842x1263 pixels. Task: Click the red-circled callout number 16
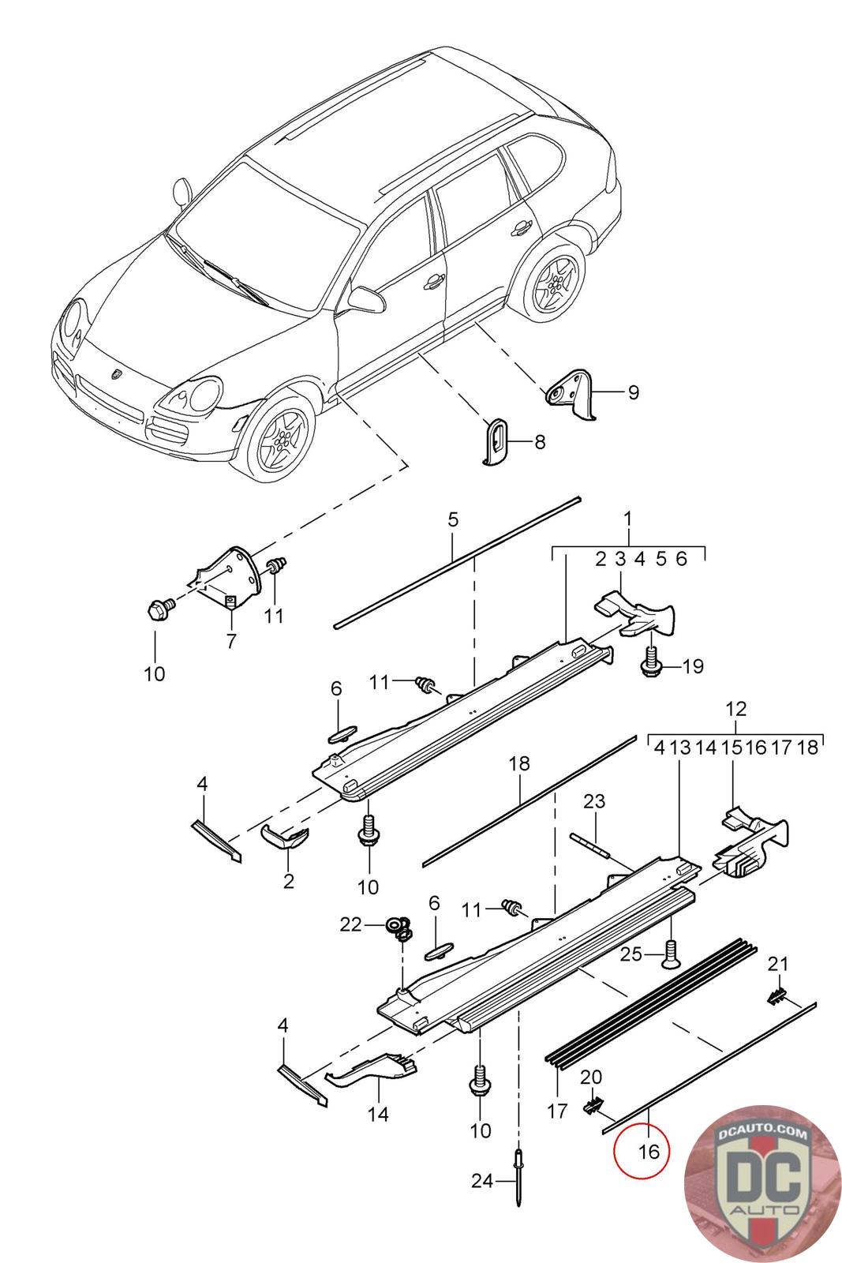(x=648, y=1151)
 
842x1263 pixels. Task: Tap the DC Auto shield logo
(x=762, y=1185)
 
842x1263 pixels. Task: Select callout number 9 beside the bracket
(x=633, y=392)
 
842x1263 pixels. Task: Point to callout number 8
(x=540, y=441)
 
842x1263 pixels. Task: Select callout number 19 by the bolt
(x=693, y=666)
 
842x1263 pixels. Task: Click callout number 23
(x=594, y=800)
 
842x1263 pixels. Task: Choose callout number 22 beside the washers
(x=350, y=924)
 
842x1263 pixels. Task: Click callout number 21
(x=778, y=964)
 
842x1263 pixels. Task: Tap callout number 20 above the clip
(x=590, y=1077)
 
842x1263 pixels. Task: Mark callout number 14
(x=378, y=1114)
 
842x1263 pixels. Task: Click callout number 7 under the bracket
(x=231, y=641)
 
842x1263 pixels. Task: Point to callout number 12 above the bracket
(x=736, y=709)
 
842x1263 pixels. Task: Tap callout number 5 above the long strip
(x=453, y=520)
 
